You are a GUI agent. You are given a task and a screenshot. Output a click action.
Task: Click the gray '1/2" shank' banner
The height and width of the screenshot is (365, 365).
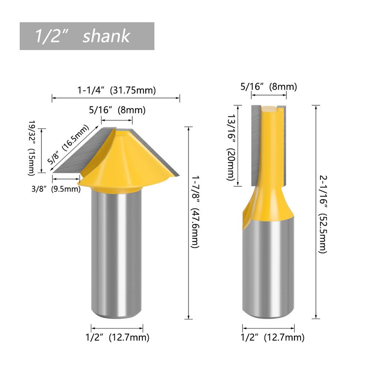[87, 36]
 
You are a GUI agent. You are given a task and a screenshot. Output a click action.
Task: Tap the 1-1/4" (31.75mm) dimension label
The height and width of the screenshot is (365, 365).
[117, 90]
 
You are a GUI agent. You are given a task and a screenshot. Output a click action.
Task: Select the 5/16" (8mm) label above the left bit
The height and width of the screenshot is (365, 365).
[117, 110]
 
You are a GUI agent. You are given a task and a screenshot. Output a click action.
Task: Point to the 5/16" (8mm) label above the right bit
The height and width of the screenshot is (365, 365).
[268, 86]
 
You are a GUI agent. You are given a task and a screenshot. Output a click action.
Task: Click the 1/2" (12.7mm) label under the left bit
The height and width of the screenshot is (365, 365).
[117, 337]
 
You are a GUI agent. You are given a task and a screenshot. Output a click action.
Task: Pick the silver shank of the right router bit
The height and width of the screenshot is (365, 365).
[268, 266]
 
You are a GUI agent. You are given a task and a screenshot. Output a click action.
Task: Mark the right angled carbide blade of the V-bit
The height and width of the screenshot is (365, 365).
[160, 152]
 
